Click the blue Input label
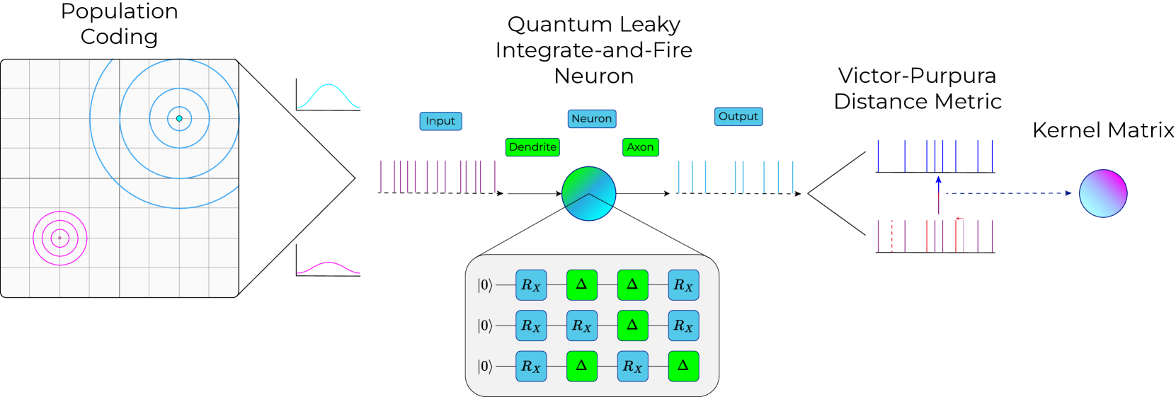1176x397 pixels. point(440,121)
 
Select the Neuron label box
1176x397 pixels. point(592,119)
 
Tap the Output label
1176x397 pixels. point(738,117)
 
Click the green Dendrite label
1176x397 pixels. point(532,147)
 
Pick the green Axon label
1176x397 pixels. point(640,147)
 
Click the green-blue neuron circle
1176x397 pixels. point(588,194)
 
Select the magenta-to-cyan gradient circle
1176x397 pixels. point(1102,193)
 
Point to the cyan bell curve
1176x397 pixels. point(329,96)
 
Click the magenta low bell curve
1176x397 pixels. point(329,267)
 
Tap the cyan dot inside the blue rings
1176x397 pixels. point(179,118)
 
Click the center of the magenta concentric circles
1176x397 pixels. point(60,238)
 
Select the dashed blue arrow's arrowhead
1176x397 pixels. point(1068,193)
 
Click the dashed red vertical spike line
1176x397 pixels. point(891,236)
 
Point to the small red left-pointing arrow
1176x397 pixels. point(959,219)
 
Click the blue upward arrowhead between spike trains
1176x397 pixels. point(938,180)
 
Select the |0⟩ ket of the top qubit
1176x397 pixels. point(485,285)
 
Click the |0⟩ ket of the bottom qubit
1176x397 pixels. point(485,367)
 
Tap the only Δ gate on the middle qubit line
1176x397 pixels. point(632,326)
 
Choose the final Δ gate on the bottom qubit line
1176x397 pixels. point(683,367)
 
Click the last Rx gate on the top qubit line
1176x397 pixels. point(683,285)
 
